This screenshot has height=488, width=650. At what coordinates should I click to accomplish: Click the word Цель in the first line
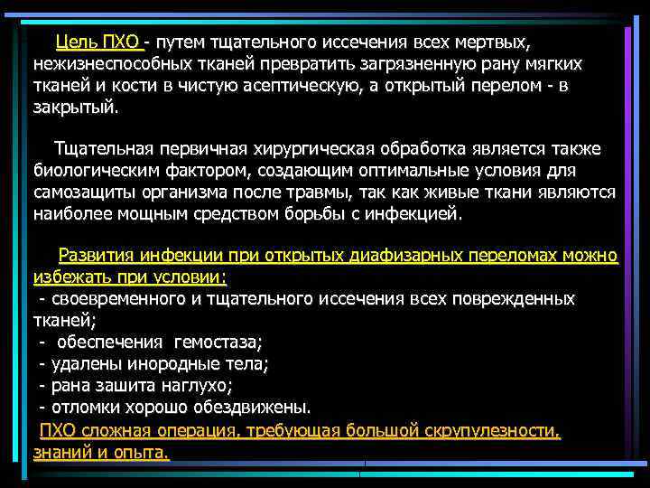(76, 42)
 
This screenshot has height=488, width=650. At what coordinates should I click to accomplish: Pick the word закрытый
(74, 106)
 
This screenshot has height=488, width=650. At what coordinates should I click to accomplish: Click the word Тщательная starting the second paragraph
(102, 149)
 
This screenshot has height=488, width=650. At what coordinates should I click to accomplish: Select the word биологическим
(93, 171)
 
